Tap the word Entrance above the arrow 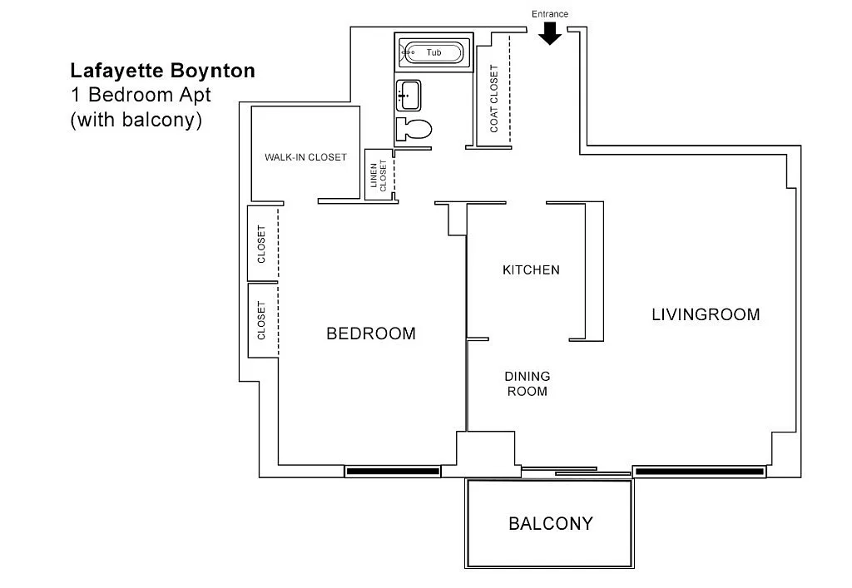550,14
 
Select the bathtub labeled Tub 433,52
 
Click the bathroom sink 409,96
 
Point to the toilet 414,129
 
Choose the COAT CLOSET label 494,98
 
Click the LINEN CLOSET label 379,175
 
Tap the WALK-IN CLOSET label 305,157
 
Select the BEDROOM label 371,334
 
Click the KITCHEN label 531,269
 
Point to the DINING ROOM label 527,384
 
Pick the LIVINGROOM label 706,314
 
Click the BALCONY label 551,523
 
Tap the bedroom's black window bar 393,472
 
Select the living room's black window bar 700,472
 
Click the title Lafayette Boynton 162,71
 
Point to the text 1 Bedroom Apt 141,95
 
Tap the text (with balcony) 136,120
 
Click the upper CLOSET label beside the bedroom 261,245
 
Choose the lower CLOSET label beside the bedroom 261,320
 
